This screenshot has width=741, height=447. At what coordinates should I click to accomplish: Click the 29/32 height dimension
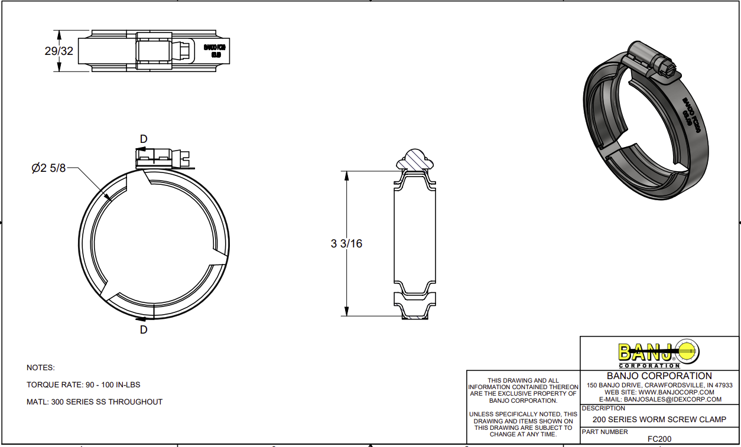pos(58,51)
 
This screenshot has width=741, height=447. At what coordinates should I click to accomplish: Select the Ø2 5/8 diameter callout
pos(48,168)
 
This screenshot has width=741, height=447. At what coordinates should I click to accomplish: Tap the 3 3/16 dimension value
pos(346,243)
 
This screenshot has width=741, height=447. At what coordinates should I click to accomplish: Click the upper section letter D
pos(144,139)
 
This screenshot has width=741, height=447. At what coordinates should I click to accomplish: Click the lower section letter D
pos(144,330)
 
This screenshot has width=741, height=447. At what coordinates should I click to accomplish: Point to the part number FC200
pos(659,439)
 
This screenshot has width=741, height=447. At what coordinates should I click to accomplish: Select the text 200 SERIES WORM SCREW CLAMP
pos(659,420)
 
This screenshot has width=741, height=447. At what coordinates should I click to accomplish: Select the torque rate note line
pos(83,384)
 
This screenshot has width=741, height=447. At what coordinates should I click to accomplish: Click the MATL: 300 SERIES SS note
pos(95,402)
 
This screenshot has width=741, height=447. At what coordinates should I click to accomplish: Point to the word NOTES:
pos(41,367)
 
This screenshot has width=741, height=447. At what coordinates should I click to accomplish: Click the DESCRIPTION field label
pos(603,408)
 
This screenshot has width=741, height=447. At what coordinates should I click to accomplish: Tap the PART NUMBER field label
pos(605,432)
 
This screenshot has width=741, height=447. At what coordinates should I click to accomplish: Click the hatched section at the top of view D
pos(415,159)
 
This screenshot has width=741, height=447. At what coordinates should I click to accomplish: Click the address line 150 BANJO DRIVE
pos(659,385)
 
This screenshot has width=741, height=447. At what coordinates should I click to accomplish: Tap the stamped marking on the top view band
pos(215,51)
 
